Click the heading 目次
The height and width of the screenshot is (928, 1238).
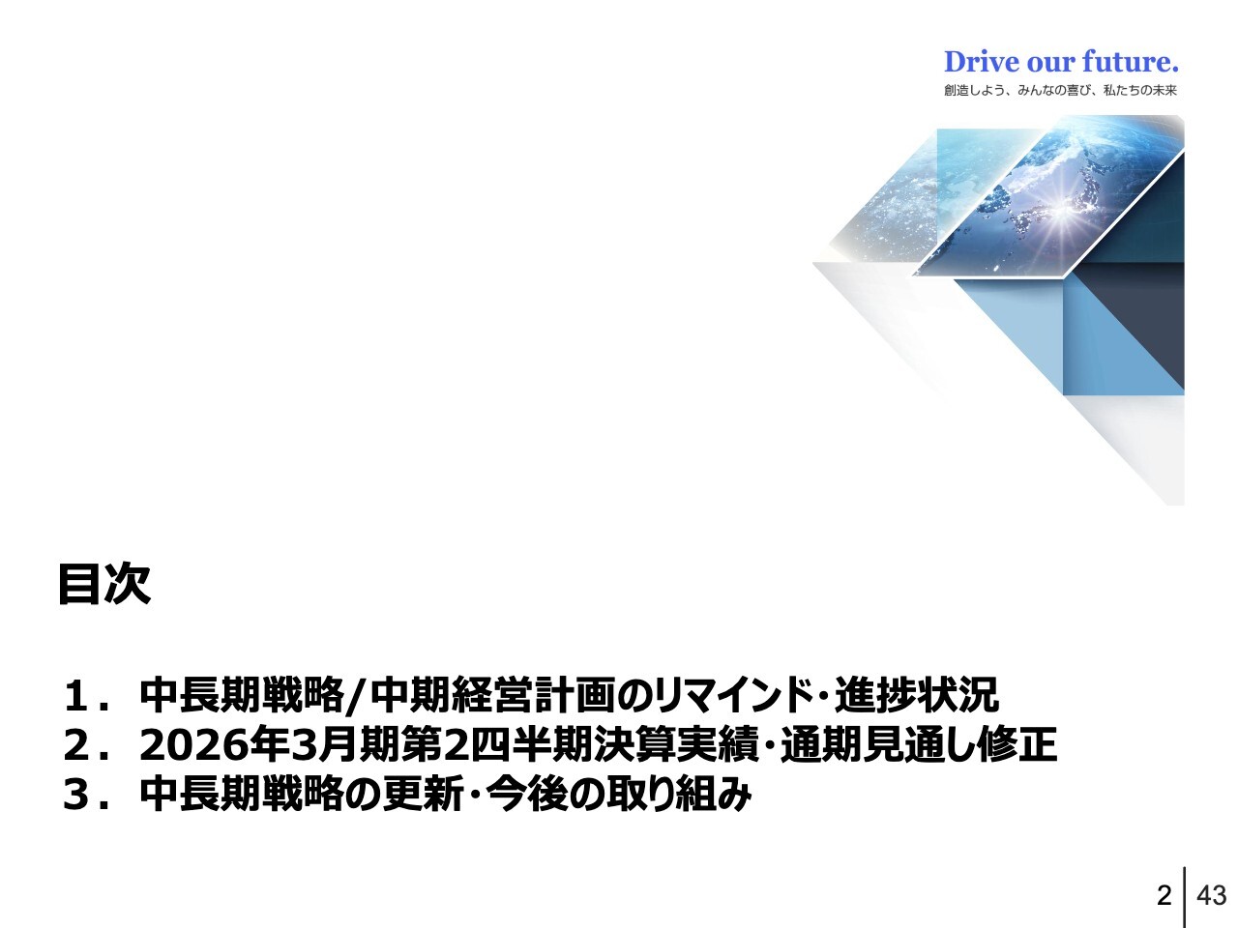click(104, 584)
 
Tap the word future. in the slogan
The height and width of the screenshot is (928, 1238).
click(1131, 62)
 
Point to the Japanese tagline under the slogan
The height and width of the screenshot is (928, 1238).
click(1060, 91)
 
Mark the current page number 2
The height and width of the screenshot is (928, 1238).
click(1164, 895)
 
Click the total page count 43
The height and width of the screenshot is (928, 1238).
click(1211, 895)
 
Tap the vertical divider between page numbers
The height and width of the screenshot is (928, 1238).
click(1185, 895)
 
